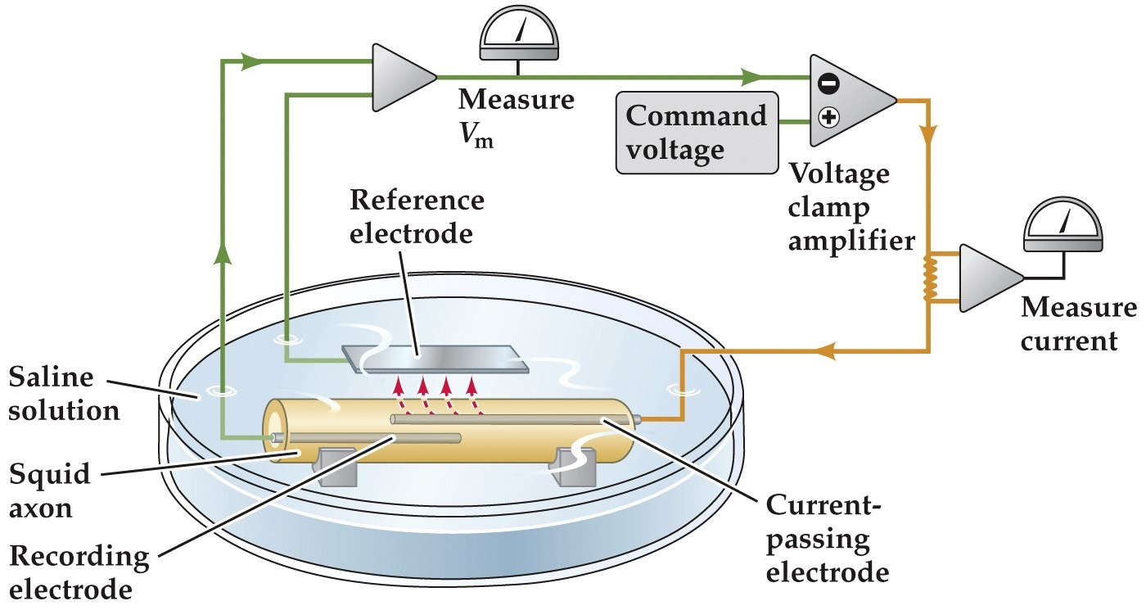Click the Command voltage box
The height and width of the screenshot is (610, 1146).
tap(696, 132)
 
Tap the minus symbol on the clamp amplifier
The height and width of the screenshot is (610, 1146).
tap(828, 83)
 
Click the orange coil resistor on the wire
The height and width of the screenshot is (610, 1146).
tap(930, 279)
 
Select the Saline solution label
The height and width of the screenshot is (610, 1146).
tap(64, 394)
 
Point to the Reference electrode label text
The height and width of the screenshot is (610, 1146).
tap(417, 217)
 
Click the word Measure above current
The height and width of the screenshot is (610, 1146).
tap(1078, 309)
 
